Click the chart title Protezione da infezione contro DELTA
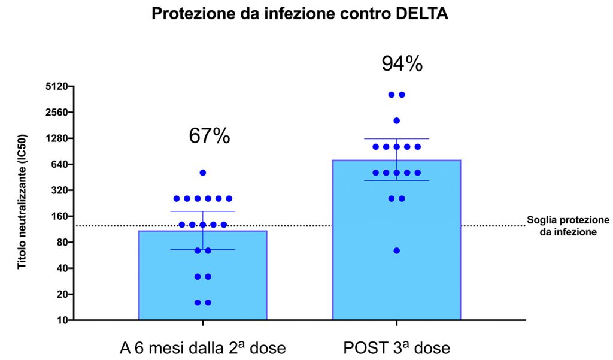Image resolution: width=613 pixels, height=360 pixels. click(300, 14)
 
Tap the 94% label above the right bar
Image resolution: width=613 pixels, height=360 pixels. click(402, 63)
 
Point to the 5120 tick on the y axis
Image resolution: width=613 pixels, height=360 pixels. click(57, 86)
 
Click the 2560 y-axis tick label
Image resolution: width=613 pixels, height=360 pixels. click(57, 112)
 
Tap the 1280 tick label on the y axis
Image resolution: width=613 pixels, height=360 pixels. click(57, 138)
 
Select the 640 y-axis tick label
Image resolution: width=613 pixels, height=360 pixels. click(60, 164)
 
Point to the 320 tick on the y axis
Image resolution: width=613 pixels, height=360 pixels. click(60, 190)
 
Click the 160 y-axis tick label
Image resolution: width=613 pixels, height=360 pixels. click(60, 216)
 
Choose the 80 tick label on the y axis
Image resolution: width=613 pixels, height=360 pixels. click(62, 242)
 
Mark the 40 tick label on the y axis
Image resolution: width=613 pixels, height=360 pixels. click(62, 268)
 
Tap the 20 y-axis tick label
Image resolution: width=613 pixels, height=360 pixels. click(62, 294)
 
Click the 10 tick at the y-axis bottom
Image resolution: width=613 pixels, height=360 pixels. click(62, 320)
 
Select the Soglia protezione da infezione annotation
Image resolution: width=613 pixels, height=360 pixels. click(568, 226)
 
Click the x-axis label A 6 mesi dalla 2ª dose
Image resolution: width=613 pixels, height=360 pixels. click(202, 347)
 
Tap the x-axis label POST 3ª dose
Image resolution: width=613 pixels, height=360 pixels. click(396, 347)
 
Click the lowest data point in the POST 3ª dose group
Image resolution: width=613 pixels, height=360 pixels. click(396, 250)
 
